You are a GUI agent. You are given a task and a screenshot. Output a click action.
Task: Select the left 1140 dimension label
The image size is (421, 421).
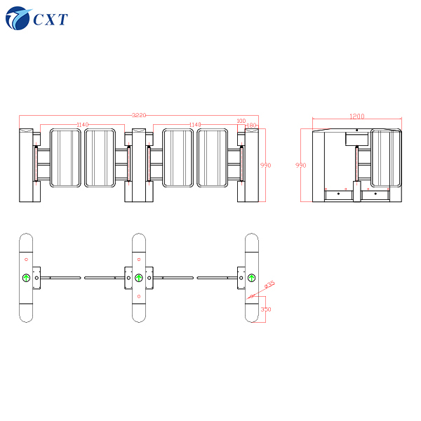[82, 125]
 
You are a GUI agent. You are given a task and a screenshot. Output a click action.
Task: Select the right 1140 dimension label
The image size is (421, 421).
[195, 125]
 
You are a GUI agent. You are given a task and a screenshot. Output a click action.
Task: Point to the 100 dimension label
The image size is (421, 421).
[241, 121]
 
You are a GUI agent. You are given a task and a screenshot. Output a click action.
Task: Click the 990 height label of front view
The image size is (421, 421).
[265, 166]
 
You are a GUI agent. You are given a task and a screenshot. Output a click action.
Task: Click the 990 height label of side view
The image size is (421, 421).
[301, 166]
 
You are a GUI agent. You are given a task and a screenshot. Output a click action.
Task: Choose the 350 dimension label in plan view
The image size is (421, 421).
[265, 309]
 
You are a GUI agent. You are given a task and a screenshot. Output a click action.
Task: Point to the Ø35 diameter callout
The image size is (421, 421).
[269, 285]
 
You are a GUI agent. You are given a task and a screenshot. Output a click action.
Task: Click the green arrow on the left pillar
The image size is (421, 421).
[26, 278]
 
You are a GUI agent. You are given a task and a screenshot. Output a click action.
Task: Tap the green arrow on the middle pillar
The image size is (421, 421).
[139, 278]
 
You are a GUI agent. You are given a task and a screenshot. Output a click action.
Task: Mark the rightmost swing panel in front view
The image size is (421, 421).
[213, 158]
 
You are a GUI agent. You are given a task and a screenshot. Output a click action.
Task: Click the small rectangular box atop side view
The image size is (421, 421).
[356, 139]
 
